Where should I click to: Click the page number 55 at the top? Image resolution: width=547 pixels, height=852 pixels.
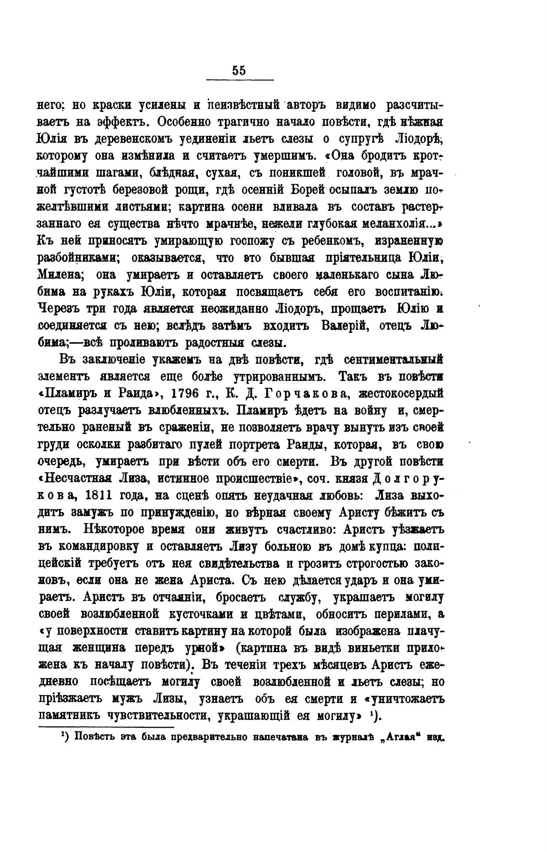[x=239, y=70]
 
